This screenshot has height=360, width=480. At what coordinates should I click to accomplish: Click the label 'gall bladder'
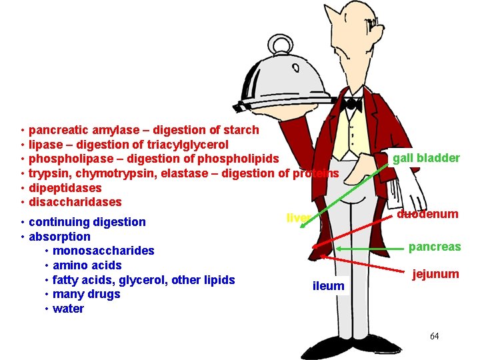(426, 158)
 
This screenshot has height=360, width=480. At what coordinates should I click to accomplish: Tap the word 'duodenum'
(427, 214)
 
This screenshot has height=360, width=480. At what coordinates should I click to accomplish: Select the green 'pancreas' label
(435, 247)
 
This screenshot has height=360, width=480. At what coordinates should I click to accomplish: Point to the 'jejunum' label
(435, 274)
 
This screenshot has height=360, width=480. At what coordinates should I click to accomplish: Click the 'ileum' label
(329, 286)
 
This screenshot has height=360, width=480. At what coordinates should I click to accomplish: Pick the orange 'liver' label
(297, 217)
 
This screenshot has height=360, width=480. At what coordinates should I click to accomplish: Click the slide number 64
(434, 336)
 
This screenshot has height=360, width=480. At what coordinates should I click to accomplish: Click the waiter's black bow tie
(351, 104)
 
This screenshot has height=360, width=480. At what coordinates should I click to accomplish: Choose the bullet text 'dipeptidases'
(65, 188)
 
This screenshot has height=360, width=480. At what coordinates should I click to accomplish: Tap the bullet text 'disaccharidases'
(75, 202)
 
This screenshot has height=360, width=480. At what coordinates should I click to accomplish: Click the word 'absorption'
(60, 236)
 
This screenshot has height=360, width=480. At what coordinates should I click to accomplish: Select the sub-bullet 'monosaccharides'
(103, 251)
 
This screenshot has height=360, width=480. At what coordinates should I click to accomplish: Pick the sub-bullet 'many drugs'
(86, 294)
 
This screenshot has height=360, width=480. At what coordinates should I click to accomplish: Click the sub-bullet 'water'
(68, 309)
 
